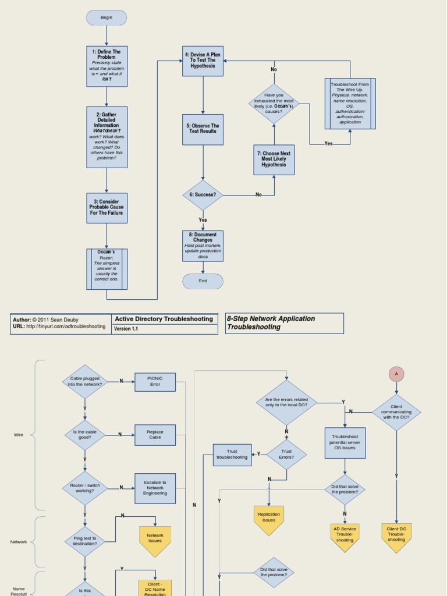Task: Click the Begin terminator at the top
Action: pos(107,18)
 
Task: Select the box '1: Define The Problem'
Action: pos(107,66)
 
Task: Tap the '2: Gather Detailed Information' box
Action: pos(107,137)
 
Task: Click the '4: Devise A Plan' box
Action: pos(203,61)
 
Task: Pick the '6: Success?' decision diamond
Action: pos(203,195)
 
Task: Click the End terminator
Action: pos(203,281)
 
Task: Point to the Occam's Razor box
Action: pos(107,269)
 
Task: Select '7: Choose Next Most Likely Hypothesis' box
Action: pos(274,159)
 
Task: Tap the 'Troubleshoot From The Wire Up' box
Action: pos(350,104)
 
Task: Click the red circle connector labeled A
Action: pos(396,374)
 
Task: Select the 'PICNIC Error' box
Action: pos(155,382)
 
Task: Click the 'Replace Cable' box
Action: pos(155,435)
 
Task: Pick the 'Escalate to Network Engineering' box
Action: pos(155,488)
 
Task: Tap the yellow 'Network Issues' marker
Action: pos(155,540)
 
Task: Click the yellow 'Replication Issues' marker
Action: pos(268,518)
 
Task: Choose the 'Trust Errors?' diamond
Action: pos(286,454)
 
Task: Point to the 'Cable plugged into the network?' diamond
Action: pos(85,382)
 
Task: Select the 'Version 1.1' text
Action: pos(126,329)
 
